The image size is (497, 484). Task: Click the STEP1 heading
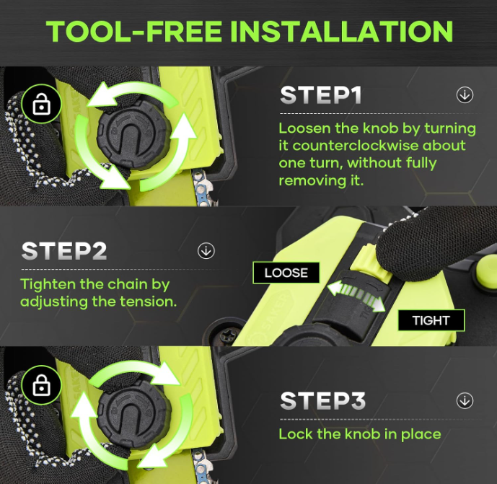point(321,95)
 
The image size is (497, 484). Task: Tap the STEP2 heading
point(64,251)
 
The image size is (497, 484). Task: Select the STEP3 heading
point(323,400)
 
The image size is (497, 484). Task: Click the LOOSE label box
point(286,273)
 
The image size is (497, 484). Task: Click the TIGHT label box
point(431,320)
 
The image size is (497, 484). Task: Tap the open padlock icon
point(42,104)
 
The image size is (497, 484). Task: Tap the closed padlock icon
point(42,384)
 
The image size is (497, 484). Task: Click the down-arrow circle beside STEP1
point(465,94)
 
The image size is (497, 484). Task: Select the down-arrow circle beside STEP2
point(206,251)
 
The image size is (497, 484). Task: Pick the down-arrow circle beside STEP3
point(465,400)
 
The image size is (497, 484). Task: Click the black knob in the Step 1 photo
point(134,134)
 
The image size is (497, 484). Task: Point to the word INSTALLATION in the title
point(341,31)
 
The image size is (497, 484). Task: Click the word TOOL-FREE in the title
point(134,31)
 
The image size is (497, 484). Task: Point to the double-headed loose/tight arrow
point(356,296)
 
